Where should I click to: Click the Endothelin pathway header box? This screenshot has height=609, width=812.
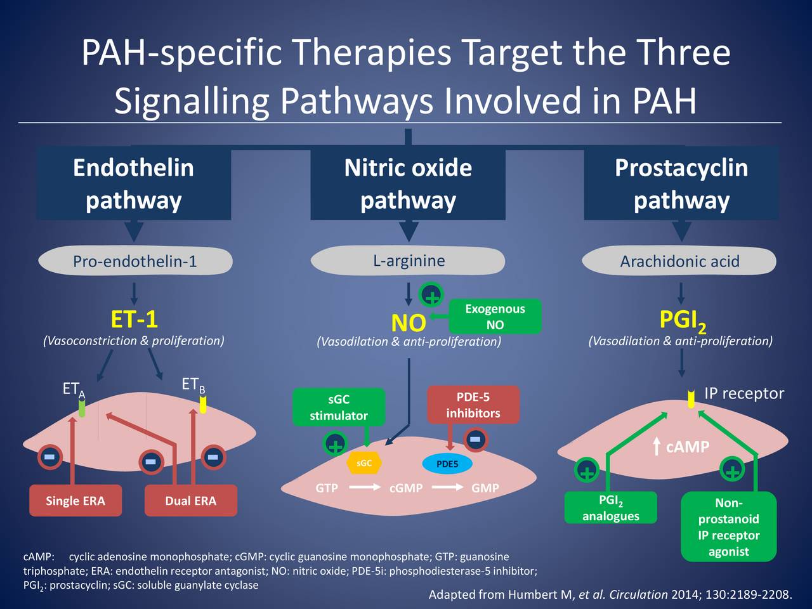pos(133,184)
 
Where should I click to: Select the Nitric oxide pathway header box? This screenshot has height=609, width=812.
pos(408,184)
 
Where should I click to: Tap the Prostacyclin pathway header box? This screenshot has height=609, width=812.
pos(681,184)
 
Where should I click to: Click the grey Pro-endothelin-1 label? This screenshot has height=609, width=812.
pos(135,261)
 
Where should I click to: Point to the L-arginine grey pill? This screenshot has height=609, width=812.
pos(408,261)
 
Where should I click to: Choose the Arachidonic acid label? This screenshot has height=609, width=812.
pos(679,261)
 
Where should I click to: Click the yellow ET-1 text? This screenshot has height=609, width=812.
pos(134,319)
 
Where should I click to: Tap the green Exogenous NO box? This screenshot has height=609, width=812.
pos(495,317)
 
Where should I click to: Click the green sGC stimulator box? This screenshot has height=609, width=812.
pos(339,407)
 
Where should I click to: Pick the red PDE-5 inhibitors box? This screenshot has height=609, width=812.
pos(473,405)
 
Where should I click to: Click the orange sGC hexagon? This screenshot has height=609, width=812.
pos(363,463)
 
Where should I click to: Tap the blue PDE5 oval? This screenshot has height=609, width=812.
pos(447,464)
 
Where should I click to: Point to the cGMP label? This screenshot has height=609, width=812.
pos(406,488)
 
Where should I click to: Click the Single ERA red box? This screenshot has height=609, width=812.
pos(75,501)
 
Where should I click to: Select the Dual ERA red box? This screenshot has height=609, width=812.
pos(190,501)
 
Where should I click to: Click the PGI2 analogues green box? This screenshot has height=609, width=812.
pos(611,508)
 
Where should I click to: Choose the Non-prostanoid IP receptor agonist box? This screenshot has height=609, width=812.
pos(728,527)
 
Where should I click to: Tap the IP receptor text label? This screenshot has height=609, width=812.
pos(744,393)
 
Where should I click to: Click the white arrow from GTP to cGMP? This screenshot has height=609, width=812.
pos(364,488)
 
